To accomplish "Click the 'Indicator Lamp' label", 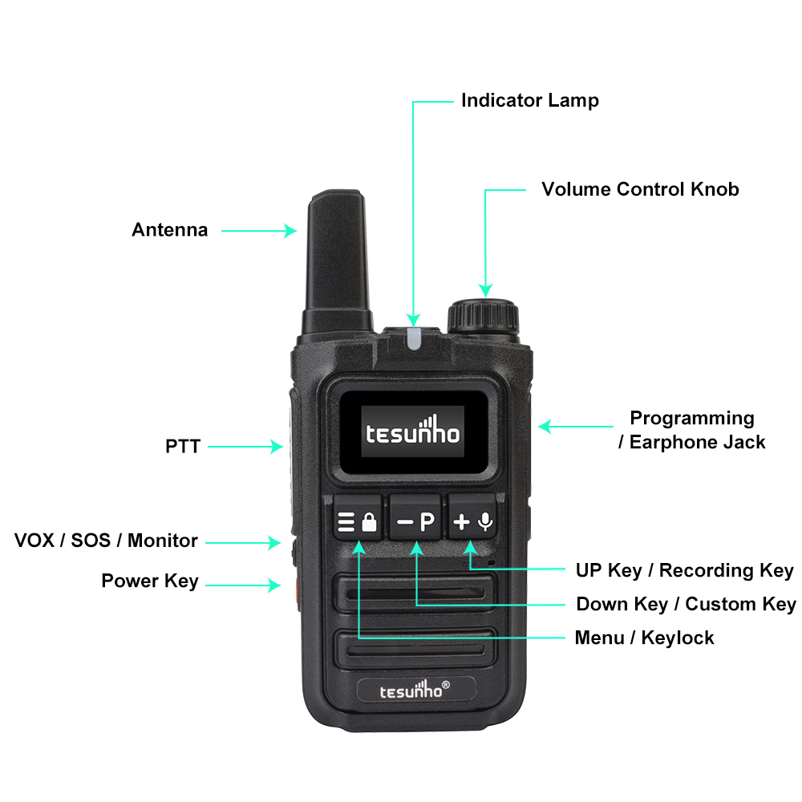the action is pos(530,101).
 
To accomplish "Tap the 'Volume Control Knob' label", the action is pos(640,189).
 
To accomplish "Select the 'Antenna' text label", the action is pos(170,229).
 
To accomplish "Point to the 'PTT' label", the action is pos(183,447).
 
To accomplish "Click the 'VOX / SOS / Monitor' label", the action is pos(106,541).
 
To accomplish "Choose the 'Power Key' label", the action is pos(150,581).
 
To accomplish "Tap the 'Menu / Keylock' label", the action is pos(645,638).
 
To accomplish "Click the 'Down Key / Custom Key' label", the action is pos(686,604).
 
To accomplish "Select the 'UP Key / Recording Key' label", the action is pos(685,570).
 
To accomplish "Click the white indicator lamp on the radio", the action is pos(414,339).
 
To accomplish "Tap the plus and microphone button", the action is pos(472,516).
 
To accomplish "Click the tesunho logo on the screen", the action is pos(413,431).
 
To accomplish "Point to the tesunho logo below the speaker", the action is pos(415,690).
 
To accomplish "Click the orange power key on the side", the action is pos(298,593).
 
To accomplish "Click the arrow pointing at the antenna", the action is pos(259,231).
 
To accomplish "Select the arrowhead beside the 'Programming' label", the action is pos(545,426).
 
